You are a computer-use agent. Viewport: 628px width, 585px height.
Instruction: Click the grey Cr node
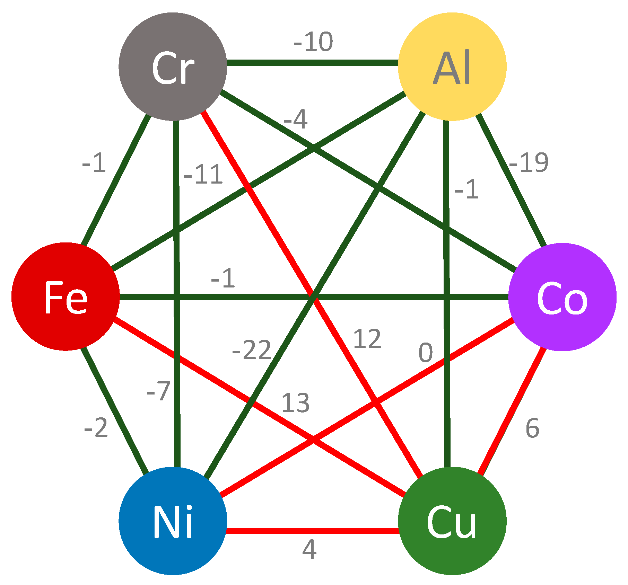coord(173,67)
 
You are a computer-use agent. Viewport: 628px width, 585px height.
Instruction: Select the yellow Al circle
coord(452,67)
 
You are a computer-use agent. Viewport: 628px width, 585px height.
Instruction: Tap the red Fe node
coord(66,296)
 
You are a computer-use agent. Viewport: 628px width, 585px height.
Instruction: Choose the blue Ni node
coord(173,521)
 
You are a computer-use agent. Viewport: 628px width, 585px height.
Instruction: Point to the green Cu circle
coord(452,521)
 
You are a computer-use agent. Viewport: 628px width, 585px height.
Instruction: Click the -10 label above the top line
coord(313,42)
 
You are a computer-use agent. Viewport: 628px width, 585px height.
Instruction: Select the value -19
coord(529,162)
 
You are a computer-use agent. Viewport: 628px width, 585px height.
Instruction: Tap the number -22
coord(252,350)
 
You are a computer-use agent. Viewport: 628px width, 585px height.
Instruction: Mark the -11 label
coord(203,174)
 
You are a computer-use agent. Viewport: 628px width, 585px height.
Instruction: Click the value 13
coord(295,403)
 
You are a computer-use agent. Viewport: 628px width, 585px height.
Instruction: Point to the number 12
coord(367,339)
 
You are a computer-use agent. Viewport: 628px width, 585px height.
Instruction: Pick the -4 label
coord(296,120)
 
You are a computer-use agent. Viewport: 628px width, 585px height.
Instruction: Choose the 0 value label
coord(426,353)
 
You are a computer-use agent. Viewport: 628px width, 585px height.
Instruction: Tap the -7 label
coord(159,391)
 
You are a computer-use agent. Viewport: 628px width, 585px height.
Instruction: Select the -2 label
coord(96,428)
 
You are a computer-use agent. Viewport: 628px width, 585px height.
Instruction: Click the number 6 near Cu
coord(532,428)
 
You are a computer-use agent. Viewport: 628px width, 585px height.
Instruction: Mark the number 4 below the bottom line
coord(309,549)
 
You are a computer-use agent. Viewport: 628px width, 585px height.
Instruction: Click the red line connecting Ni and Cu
coord(312,531)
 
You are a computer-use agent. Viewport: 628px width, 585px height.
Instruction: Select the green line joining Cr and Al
coord(312,63)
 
